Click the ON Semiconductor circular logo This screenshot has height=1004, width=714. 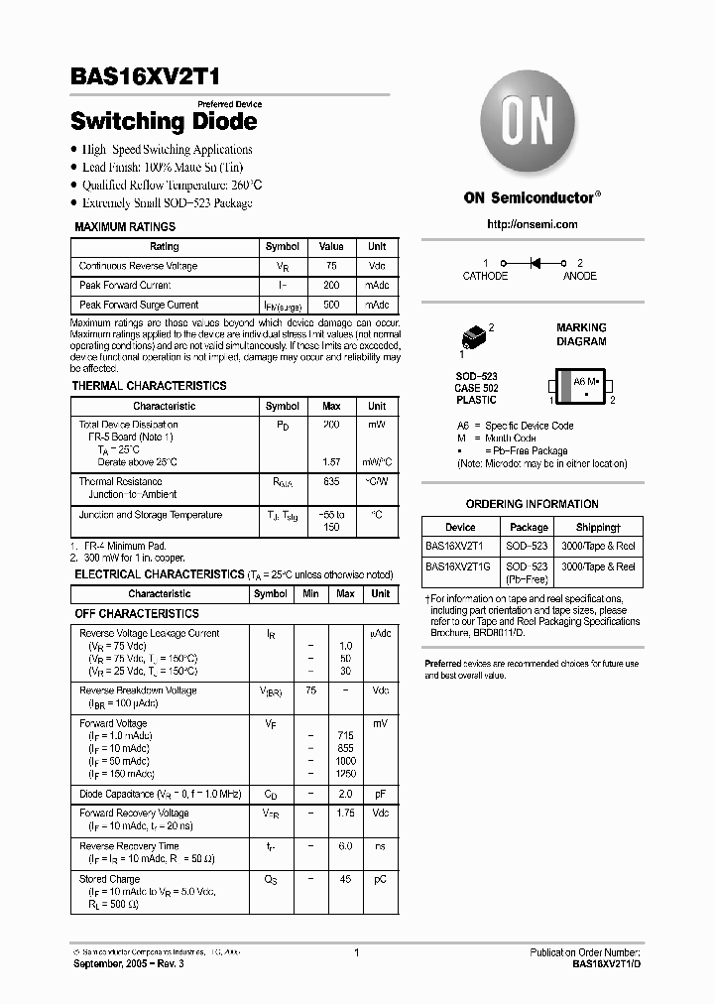[533, 127]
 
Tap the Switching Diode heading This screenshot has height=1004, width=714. [164, 122]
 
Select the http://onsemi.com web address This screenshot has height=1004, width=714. [533, 225]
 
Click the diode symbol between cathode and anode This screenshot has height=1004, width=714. [538, 263]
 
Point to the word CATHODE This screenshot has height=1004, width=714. [485, 276]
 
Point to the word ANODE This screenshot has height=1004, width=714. [580, 276]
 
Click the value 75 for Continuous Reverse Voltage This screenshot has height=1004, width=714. [331, 266]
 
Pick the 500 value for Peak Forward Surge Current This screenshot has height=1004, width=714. [331, 305]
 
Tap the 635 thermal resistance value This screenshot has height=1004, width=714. [331, 481]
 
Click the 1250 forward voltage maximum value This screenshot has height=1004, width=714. [345, 773]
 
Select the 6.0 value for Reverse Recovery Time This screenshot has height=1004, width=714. [345, 846]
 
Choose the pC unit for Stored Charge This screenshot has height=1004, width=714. [380, 879]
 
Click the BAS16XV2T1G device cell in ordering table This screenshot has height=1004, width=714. [459, 567]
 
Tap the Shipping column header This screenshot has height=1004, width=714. [598, 528]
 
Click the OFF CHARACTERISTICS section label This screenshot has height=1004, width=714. [137, 614]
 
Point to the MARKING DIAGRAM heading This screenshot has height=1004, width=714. [581, 334]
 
